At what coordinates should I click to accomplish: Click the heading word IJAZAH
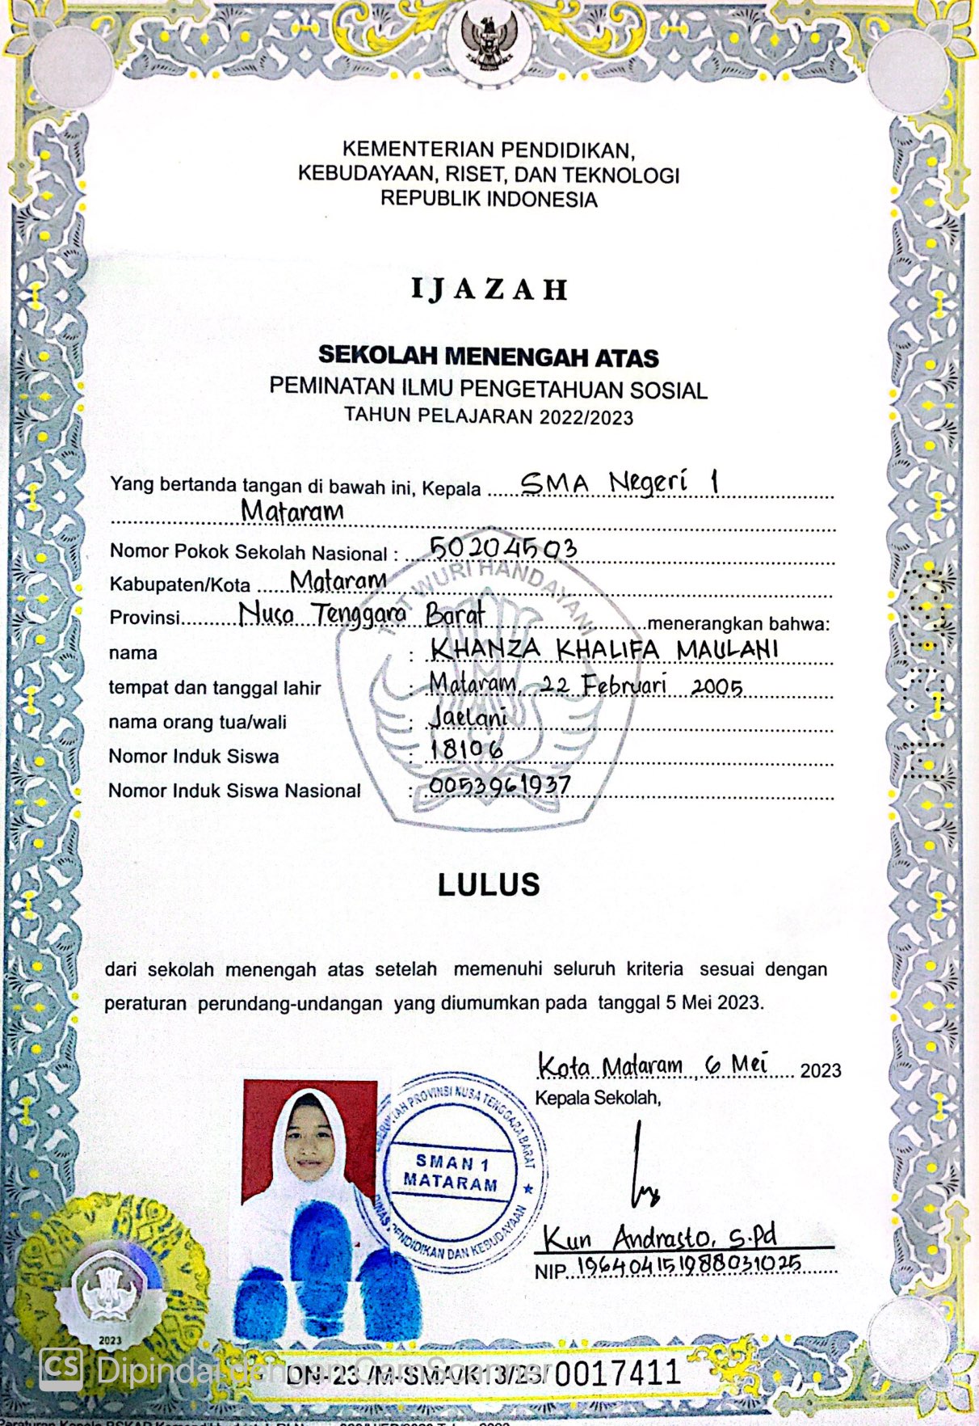489,289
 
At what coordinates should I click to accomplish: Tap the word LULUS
489,884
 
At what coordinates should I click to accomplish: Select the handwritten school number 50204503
503,548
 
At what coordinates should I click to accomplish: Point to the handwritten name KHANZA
485,648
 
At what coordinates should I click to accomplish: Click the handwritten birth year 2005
717,686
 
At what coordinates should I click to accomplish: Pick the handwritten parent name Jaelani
468,717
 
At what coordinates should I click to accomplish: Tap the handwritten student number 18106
467,750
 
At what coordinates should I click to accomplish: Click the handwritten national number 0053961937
500,784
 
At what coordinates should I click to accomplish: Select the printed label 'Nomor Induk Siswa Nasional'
234,791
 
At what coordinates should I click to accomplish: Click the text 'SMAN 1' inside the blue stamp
452,1162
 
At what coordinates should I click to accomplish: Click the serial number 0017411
618,1372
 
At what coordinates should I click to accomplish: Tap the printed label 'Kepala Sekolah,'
598,1098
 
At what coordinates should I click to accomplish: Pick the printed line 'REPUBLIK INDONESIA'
489,199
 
